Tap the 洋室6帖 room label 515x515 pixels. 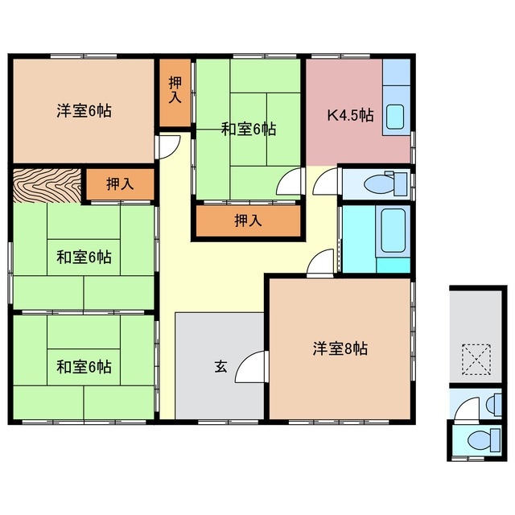pyautogui.click(x=84, y=111)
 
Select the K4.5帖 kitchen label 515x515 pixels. pyautogui.click(x=349, y=114)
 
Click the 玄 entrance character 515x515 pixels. pyautogui.click(x=220, y=367)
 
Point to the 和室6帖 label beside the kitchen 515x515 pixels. pyautogui.click(x=249, y=128)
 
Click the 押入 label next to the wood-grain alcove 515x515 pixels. pyautogui.click(x=120, y=183)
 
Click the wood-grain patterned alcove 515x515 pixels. pyautogui.click(x=47, y=186)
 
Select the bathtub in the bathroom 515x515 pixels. pyautogui.click(x=393, y=228)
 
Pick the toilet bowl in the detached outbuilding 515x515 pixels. pyautogui.click(x=479, y=440)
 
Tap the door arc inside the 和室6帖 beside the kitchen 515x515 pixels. pyautogui.click(x=290, y=182)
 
